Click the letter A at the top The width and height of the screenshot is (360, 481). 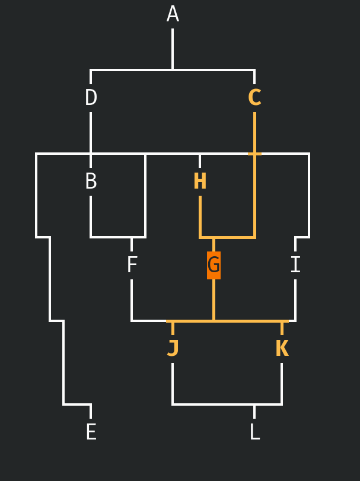coord(173,14)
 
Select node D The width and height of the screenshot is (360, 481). coord(91,98)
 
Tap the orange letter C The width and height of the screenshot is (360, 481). coord(254,98)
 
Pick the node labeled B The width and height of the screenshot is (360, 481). coord(91,181)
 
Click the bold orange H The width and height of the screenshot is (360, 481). coord(200,181)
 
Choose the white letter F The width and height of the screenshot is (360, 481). coord(132,265)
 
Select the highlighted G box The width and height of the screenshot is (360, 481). coord(214,265)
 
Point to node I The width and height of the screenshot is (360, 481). coord(295,265)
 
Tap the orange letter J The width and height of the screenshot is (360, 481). coord(173,349)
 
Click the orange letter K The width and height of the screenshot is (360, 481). coord(282,349)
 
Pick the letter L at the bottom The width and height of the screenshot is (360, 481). coord(254,432)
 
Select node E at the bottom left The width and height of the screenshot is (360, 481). coord(91,432)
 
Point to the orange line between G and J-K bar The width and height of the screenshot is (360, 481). coord(214,300)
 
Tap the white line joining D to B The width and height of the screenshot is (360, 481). coord(91,133)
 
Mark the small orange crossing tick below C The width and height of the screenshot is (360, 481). coord(254,154)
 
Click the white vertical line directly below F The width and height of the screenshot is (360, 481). coord(132,300)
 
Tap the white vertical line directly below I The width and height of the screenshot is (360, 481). coord(295,300)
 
